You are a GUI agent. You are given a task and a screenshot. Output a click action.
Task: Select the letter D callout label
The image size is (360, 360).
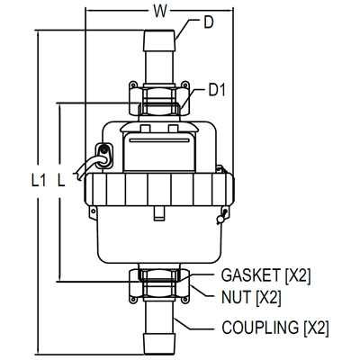(208, 22)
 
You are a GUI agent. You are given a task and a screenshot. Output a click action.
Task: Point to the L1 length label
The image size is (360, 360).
(37, 179)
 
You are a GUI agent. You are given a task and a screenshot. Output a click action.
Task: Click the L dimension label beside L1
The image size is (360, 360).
(61, 179)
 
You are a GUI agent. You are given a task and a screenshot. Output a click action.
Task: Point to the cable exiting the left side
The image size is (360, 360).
(87, 166)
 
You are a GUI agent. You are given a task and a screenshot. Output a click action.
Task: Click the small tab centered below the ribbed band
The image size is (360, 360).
(160, 213)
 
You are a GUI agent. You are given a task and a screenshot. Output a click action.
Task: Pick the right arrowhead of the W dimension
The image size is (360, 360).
(229, 13)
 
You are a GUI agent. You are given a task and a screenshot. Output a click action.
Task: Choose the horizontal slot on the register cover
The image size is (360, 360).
(159, 139)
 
